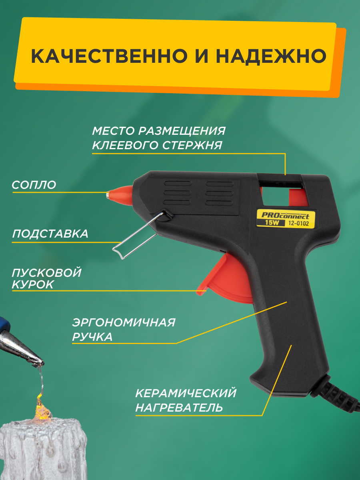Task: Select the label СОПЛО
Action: (34, 185)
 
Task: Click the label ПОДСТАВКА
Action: (50, 234)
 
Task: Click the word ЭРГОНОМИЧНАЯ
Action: (124, 322)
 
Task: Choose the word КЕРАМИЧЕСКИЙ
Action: (186, 393)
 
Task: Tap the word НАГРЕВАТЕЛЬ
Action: (179, 408)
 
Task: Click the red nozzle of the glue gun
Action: (120, 194)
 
